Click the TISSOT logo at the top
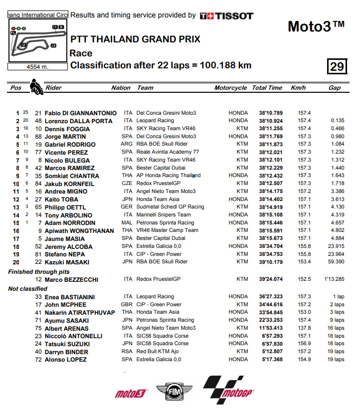coord(226,16)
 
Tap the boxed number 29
coord(337,66)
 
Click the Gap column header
coord(335,88)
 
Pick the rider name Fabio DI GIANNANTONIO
coord(80,113)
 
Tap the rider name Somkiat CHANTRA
coord(72,176)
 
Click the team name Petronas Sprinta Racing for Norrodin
coord(165,222)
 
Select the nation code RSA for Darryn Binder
coord(127,352)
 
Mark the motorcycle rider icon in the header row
coord(36,87)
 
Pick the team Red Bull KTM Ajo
coord(160,352)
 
